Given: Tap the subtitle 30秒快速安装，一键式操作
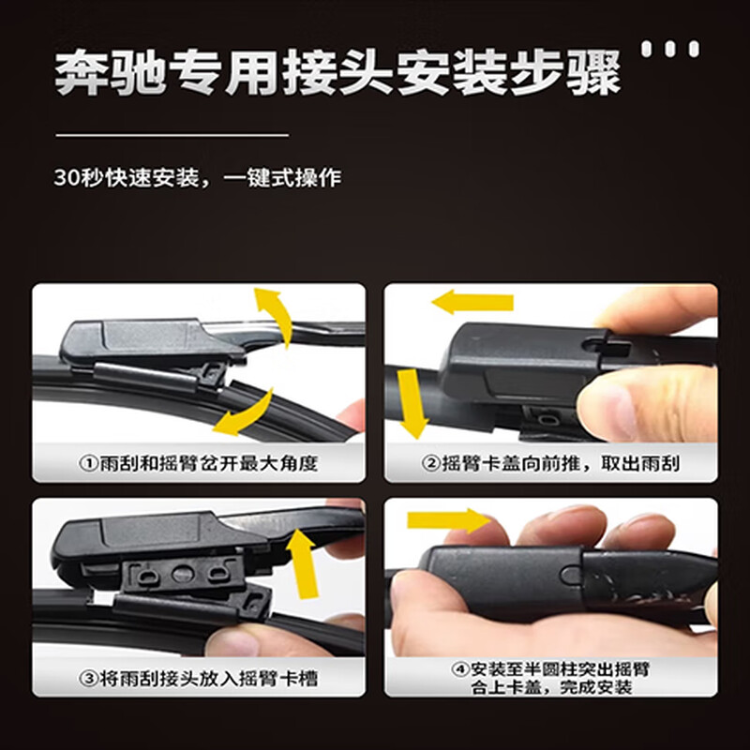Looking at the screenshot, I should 197,177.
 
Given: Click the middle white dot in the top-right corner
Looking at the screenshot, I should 671,48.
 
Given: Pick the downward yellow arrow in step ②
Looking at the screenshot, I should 410,403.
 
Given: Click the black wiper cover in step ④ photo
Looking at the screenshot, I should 506,572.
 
